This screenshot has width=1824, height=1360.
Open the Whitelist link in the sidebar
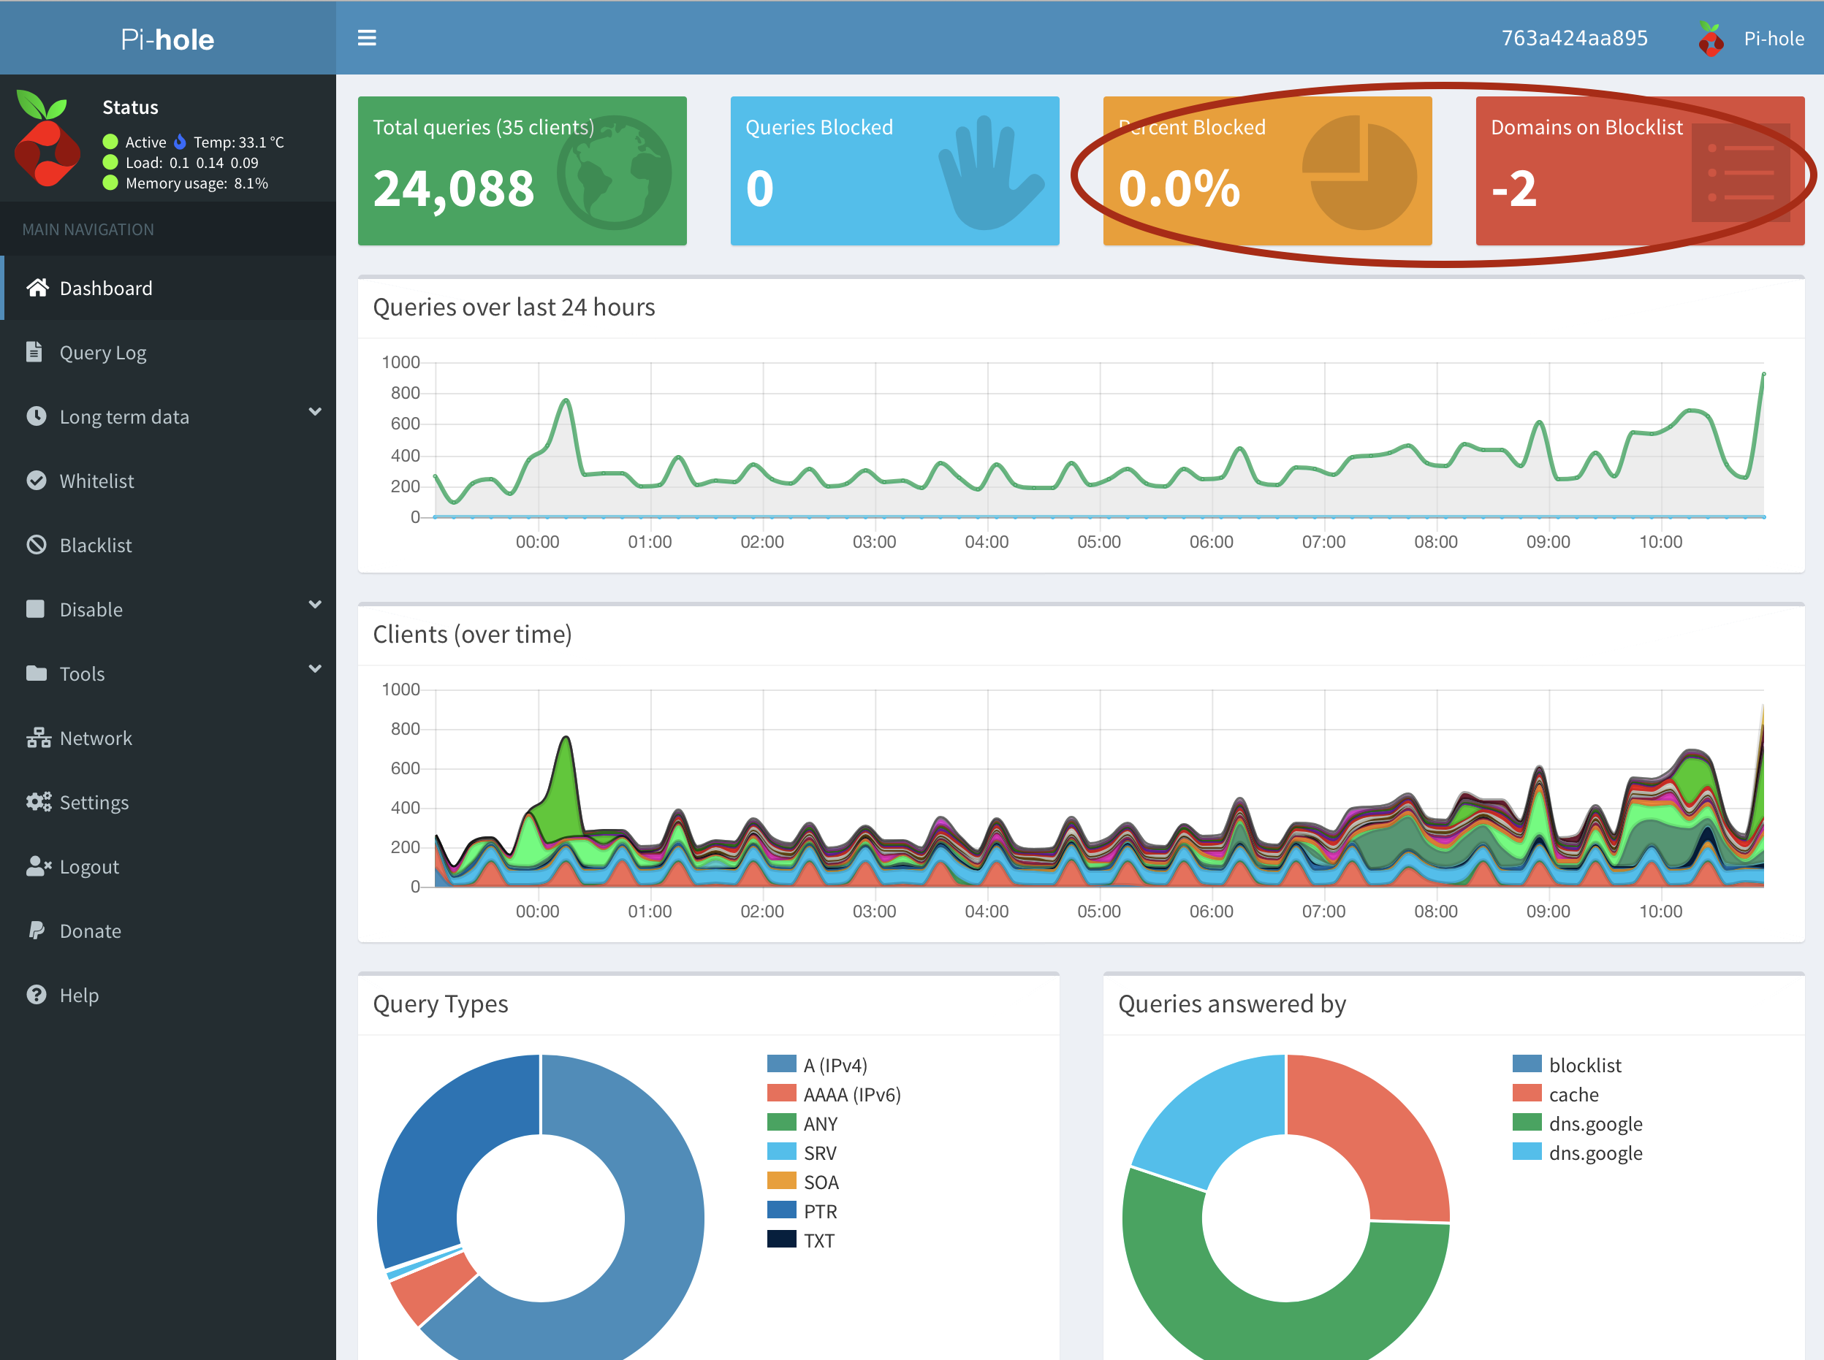click(96, 481)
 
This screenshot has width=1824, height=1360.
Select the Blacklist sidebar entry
click(96, 545)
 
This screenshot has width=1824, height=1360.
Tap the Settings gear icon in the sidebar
click(38, 802)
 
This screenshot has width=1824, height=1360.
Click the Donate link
click(90, 931)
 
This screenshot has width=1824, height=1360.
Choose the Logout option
click(89, 867)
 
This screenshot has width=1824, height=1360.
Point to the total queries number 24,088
click(454, 188)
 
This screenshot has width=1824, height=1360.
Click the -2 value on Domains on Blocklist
click(1513, 188)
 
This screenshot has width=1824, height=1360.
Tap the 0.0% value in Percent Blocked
click(1179, 188)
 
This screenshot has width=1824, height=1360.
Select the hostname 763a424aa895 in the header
click(1573, 39)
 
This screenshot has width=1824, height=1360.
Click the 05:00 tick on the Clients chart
click(1098, 912)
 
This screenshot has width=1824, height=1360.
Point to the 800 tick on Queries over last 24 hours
click(405, 393)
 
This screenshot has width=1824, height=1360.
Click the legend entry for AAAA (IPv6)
click(851, 1094)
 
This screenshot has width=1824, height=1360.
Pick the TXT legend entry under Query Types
click(818, 1241)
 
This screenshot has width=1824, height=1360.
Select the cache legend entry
click(1573, 1094)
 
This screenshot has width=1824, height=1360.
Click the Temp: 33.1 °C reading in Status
click(239, 142)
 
